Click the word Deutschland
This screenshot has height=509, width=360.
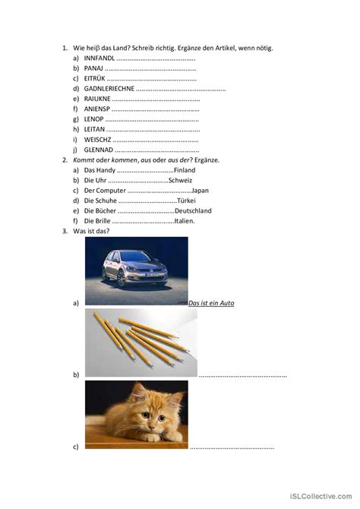click(x=193, y=211)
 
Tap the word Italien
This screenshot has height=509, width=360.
click(x=185, y=221)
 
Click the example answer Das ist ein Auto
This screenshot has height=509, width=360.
click(x=211, y=303)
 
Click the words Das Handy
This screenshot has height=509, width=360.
click(x=100, y=170)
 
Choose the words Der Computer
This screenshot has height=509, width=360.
click(x=106, y=191)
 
